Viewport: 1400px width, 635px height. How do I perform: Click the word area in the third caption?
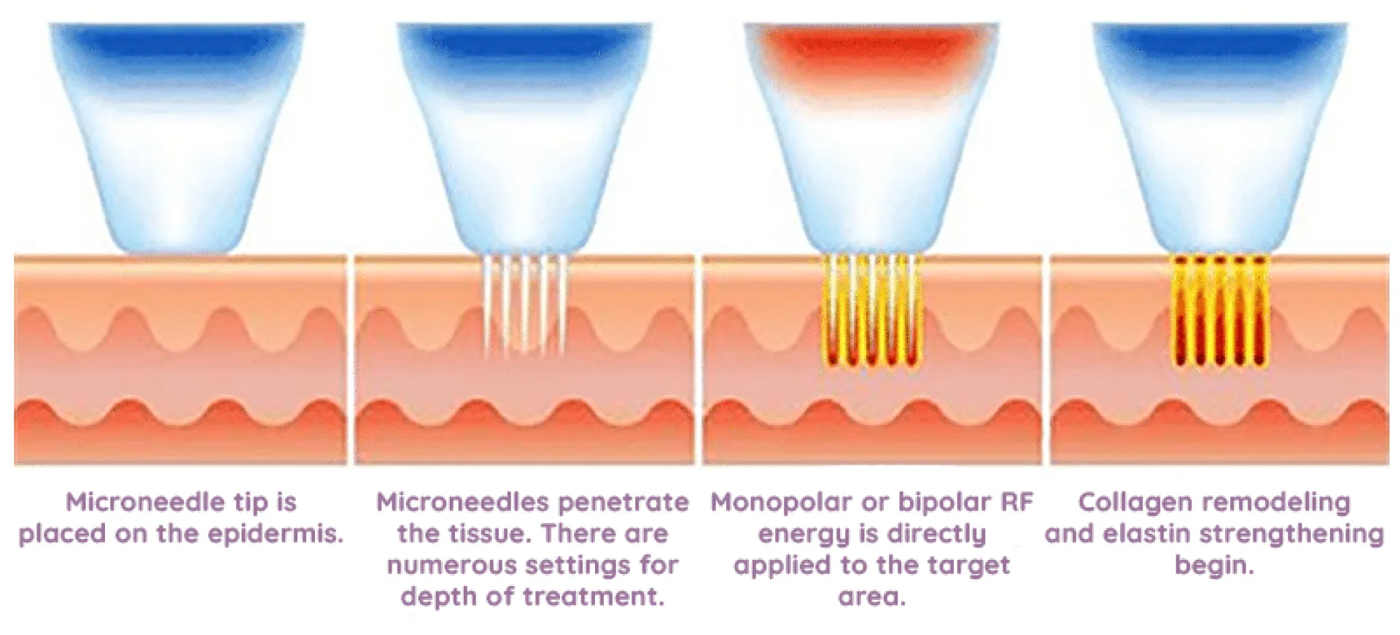[x=871, y=597]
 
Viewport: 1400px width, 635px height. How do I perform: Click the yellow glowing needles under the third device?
[x=871, y=313]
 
